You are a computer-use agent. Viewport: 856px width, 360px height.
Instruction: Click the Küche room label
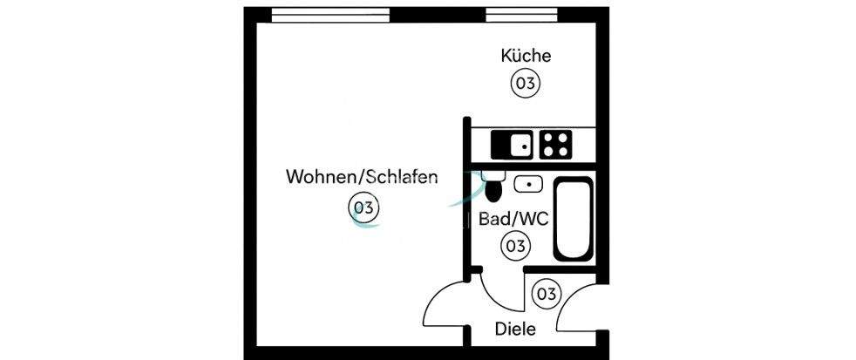tap(526, 56)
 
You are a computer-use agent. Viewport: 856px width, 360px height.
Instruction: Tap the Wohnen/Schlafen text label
tap(361, 177)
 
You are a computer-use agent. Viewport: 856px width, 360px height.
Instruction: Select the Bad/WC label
tap(513, 219)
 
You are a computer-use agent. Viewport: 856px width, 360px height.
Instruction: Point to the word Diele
tap(514, 329)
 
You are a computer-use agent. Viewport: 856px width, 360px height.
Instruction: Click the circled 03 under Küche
tap(525, 84)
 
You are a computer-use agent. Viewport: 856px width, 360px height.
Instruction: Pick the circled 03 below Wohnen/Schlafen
tap(363, 207)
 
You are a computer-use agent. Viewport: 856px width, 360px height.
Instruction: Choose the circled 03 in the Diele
tap(546, 294)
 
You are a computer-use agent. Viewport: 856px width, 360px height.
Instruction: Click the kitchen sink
tap(511, 144)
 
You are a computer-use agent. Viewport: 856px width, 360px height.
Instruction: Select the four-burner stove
tap(555, 144)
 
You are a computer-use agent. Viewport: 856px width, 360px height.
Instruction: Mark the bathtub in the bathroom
tap(573, 219)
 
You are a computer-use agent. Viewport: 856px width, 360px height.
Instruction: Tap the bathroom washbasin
tap(528, 184)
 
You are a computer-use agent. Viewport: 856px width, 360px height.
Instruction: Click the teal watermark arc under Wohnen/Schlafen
tap(366, 224)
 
